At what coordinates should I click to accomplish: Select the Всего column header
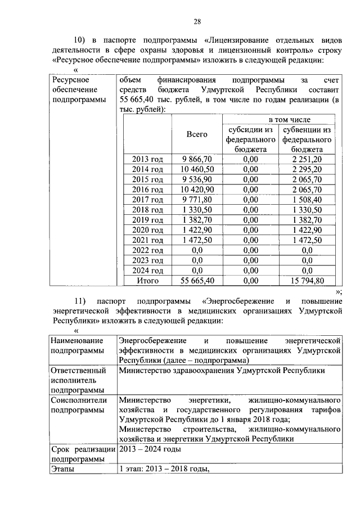point(196,134)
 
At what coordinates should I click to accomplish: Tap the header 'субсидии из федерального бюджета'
point(250,139)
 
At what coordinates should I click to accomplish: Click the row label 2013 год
point(147,159)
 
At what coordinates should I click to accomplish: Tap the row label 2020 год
point(147,230)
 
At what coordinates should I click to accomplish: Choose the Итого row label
point(147,280)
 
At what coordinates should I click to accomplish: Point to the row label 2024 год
point(147,270)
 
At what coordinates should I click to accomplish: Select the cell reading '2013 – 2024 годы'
point(150,449)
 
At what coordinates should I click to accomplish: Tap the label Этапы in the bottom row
point(62,469)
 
